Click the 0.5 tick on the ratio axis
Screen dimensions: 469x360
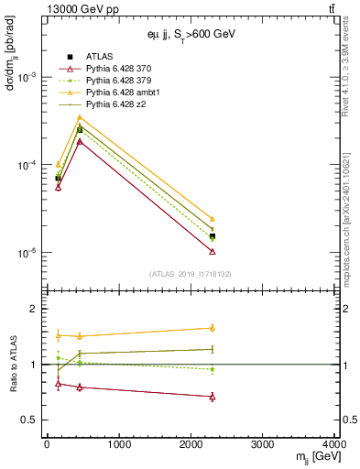click(x=34, y=420)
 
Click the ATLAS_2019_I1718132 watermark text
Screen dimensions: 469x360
click(x=191, y=274)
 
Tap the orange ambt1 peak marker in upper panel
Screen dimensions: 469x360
click(x=80, y=117)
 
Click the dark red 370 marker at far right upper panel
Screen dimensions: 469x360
click(x=213, y=251)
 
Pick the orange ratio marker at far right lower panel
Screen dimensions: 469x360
click(x=213, y=327)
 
